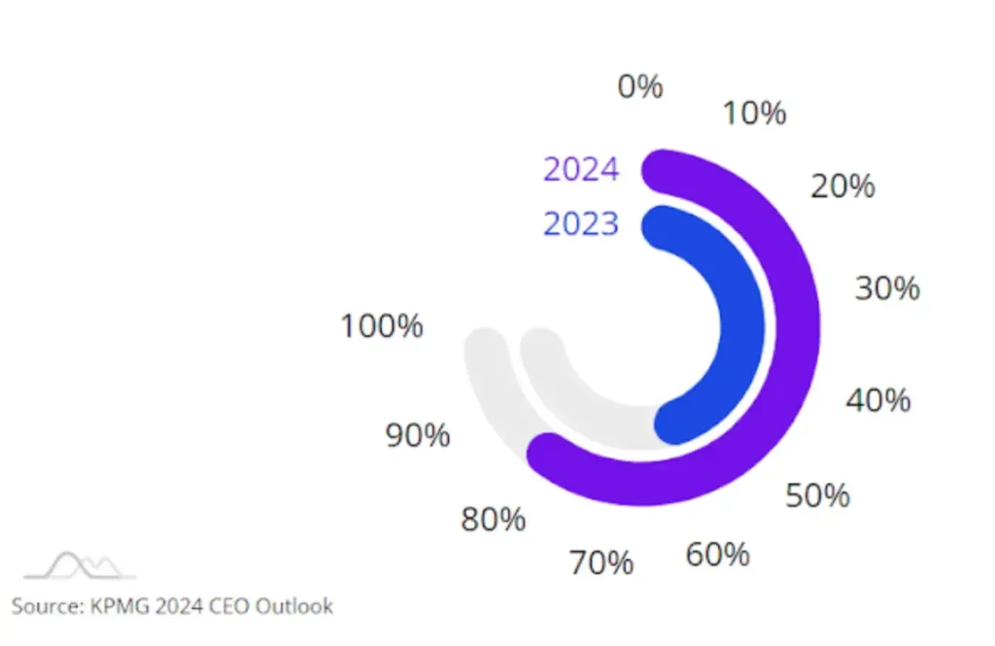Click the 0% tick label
coord(640,86)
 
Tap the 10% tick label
coord(755,113)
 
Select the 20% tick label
coord(843,186)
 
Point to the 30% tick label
coord(887,289)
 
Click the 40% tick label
coord(878,399)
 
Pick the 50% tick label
coord(817,495)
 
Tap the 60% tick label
coord(718,555)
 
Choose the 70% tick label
coord(601,562)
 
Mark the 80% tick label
coord(493,520)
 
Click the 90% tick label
coord(418,435)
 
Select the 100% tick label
coord(382,326)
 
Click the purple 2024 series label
coord(581,169)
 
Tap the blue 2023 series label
coord(581,224)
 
